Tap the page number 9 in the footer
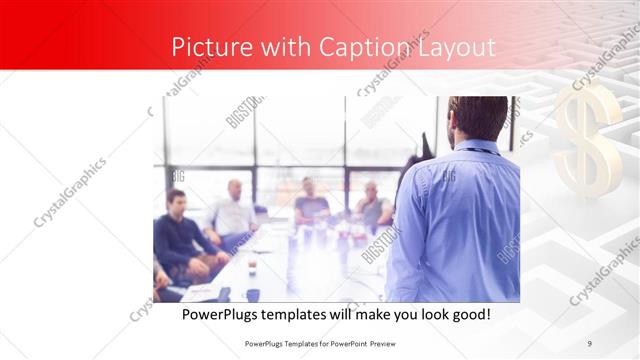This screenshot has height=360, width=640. point(589,344)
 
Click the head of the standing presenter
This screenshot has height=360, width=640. point(477,118)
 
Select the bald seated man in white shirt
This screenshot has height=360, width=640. point(233,209)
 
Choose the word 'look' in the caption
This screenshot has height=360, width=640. point(425,314)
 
